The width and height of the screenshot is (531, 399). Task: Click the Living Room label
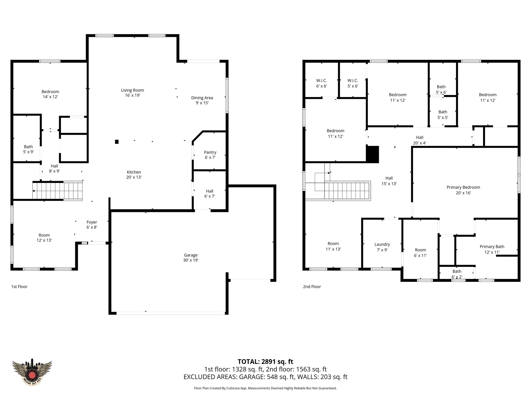click(132, 93)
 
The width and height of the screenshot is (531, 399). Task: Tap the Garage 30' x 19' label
click(191, 258)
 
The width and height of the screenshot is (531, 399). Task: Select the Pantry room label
click(210, 155)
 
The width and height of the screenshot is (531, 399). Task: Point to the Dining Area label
click(202, 100)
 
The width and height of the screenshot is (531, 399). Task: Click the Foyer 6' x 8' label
click(92, 225)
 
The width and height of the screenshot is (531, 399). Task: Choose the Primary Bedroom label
click(463, 190)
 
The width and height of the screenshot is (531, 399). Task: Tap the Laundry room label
click(382, 247)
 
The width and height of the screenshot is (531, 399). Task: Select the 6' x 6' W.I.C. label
click(322, 83)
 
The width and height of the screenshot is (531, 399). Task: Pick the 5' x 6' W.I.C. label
click(353, 83)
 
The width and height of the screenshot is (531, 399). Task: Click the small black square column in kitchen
click(117, 142)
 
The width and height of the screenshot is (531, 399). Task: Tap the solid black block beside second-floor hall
click(373, 154)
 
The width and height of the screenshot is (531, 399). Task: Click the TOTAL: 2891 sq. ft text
click(265, 362)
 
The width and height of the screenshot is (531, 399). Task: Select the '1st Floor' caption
click(19, 287)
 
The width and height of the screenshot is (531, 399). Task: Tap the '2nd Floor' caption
click(312, 287)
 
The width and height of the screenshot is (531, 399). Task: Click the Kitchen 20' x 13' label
click(134, 175)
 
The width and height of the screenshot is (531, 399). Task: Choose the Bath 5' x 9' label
click(29, 149)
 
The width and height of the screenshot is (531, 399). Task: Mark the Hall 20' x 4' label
click(420, 140)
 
